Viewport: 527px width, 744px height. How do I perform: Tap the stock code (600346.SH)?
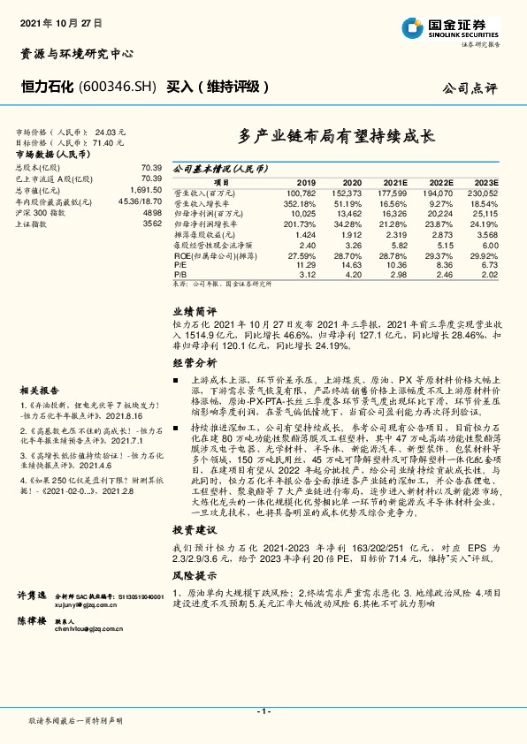(118, 87)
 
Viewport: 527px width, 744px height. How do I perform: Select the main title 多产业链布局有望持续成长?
(337, 137)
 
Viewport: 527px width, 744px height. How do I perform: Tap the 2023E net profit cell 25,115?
(484, 212)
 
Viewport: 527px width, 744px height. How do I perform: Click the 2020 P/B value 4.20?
(351, 273)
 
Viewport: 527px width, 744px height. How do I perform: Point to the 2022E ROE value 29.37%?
(439, 254)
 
